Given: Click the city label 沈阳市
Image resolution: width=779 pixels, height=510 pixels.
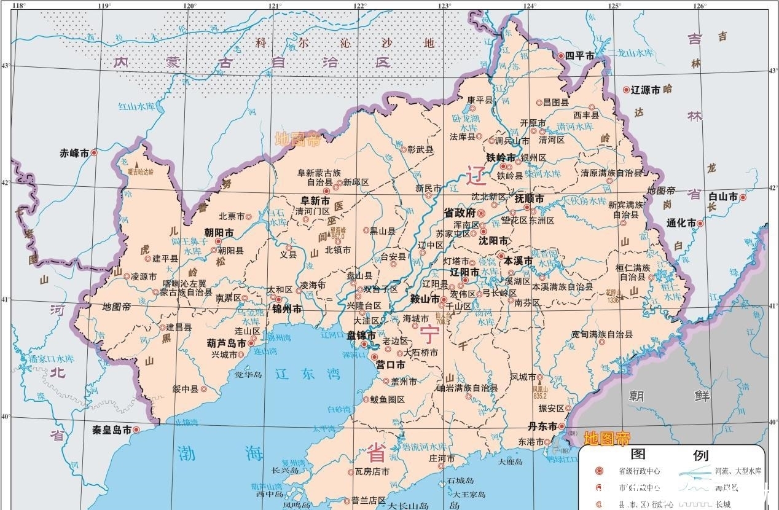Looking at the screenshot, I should (x=494, y=240).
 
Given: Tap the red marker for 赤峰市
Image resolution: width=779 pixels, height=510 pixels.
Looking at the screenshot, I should (x=95, y=152).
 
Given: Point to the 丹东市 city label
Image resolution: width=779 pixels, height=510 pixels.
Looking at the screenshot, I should (x=542, y=426).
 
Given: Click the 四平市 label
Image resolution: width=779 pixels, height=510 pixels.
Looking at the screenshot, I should (x=579, y=56).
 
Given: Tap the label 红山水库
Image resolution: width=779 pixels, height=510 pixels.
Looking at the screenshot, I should (x=136, y=106).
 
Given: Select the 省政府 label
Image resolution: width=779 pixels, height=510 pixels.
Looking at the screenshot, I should (x=460, y=213).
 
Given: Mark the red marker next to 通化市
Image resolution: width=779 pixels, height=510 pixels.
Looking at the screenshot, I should (x=700, y=224).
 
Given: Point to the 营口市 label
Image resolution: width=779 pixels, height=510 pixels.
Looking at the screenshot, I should (x=390, y=364).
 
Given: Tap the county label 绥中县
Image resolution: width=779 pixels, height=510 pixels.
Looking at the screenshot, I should (x=185, y=389).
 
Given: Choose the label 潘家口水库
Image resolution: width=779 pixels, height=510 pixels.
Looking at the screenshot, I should (x=52, y=358).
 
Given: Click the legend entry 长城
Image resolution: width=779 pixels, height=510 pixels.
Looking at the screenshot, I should (x=723, y=503).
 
